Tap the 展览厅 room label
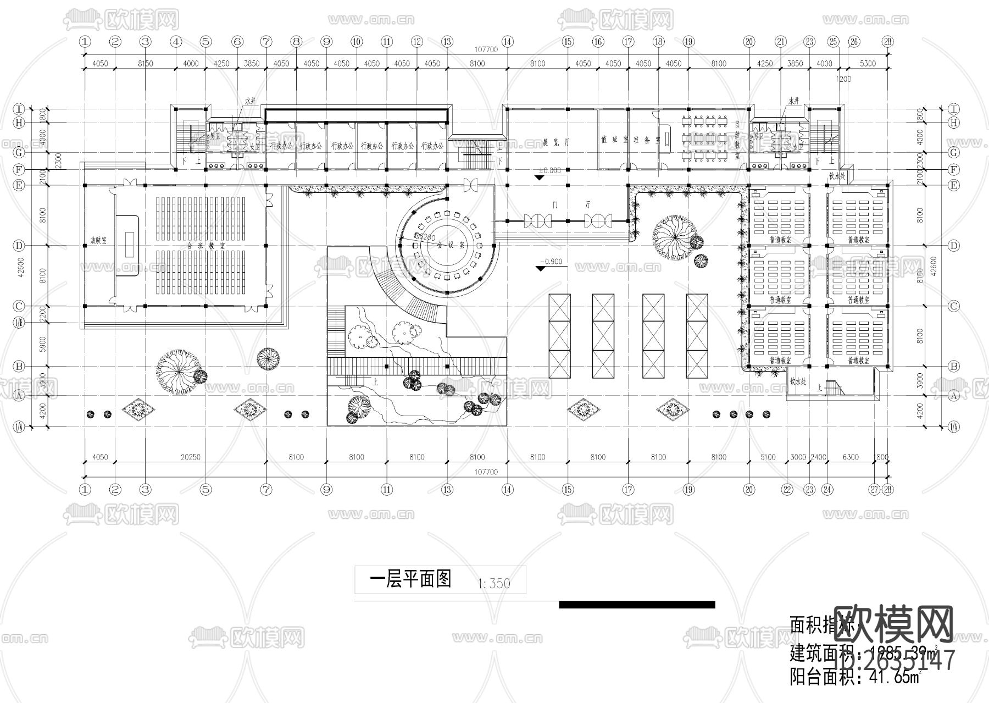tap(556, 141)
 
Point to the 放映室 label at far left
tap(99, 241)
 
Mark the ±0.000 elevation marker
tap(550, 171)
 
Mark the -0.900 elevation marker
tap(551, 262)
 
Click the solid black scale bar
tap(637, 605)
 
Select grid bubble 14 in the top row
tap(507, 41)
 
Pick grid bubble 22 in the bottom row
tap(787, 489)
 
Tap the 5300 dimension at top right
tap(868, 63)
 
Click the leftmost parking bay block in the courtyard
tap(560, 336)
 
